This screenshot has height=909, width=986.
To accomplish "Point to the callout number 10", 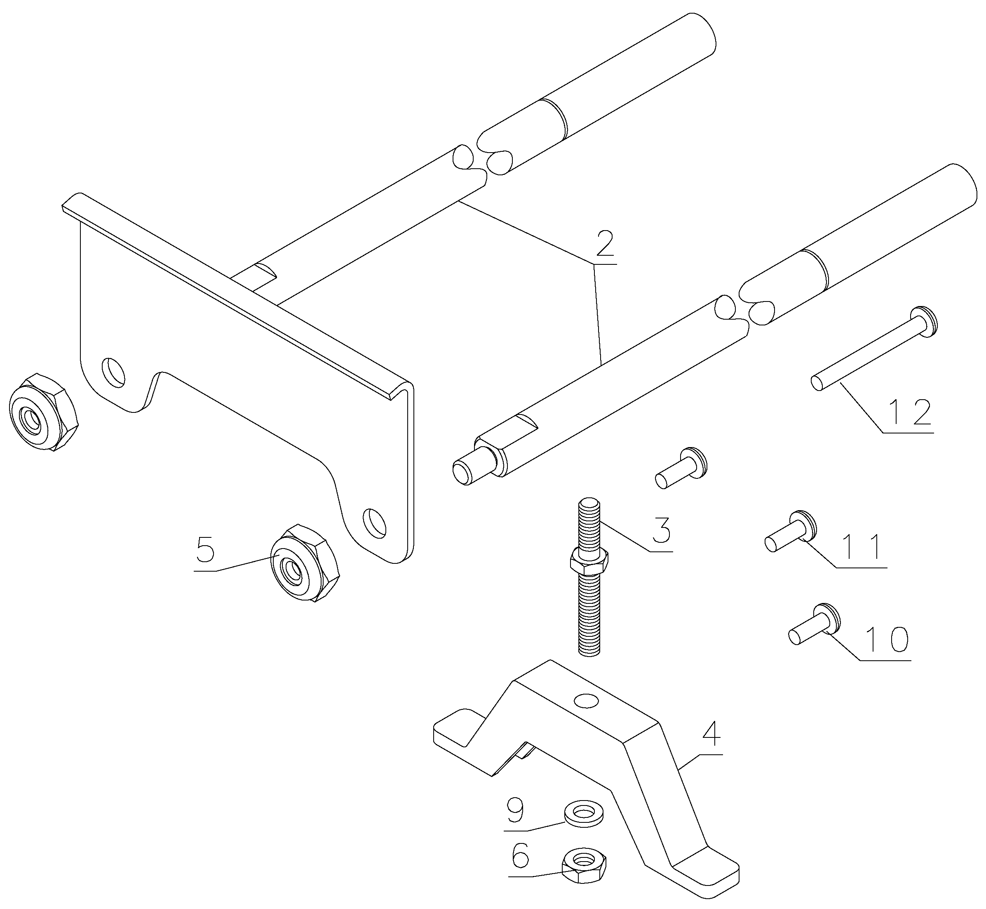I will tap(886, 639).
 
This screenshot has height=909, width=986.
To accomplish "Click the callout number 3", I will tap(661, 530).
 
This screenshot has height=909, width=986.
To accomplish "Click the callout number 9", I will tap(515, 810).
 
